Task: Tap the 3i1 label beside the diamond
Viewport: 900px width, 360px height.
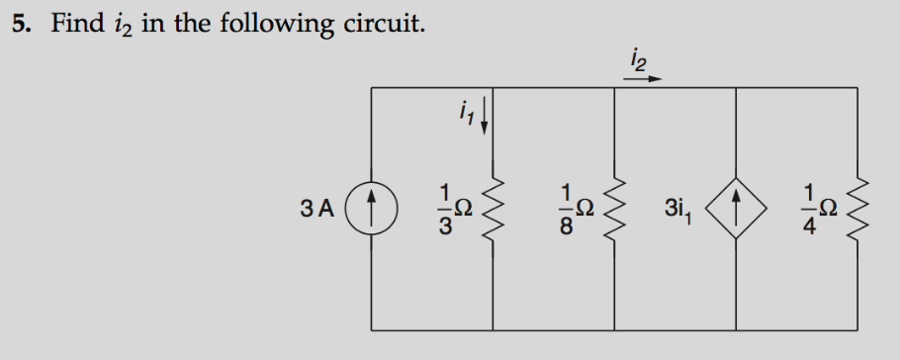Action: (x=681, y=210)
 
